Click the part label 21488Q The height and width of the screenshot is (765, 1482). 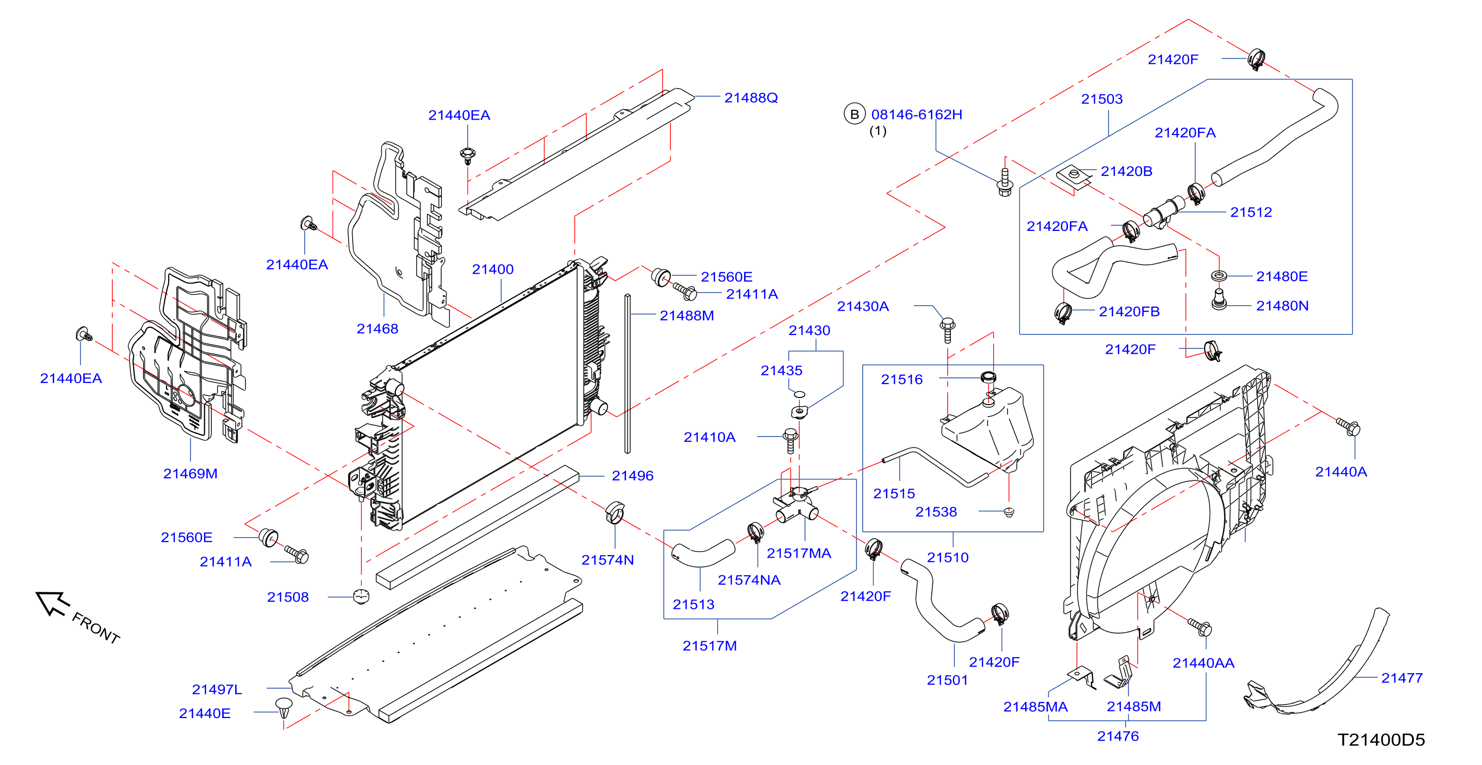coord(751,98)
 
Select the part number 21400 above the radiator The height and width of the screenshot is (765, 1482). coord(492,269)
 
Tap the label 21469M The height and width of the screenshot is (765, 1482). coord(190,473)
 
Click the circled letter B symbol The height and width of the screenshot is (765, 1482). coord(854,114)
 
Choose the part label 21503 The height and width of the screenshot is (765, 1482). coord(1102,99)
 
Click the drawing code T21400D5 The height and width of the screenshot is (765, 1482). coord(1381,740)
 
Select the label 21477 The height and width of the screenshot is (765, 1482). coord(1402,678)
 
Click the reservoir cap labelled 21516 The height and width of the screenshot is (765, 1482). coord(989,377)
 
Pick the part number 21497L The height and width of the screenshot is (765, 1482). coord(217,689)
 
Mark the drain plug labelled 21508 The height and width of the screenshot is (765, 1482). coord(361,596)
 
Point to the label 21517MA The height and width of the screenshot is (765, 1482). coord(799,553)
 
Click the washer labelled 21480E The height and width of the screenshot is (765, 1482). coord(1218,276)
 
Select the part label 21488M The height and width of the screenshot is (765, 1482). coord(687,316)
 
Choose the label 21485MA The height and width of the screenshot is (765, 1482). coord(1035,707)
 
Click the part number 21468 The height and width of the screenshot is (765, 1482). coord(377,329)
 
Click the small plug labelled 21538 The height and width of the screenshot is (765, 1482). coord(1009,511)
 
